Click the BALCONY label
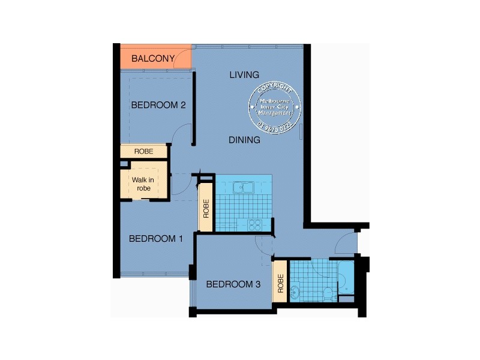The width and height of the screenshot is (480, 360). (153, 58)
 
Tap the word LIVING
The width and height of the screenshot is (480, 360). (244, 75)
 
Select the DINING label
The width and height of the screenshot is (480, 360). (244, 140)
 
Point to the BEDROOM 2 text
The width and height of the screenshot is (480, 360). (158, 105)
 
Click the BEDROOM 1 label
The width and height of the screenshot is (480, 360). (156, 238)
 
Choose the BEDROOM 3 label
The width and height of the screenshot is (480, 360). (233, 284)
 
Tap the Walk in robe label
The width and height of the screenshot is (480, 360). (143, 184)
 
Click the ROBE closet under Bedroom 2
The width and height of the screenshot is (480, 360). (143, 152)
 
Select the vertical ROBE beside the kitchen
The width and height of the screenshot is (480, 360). (206, 208)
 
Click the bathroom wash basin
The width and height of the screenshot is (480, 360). (295, 293)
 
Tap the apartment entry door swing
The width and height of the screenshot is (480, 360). (346, 242)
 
